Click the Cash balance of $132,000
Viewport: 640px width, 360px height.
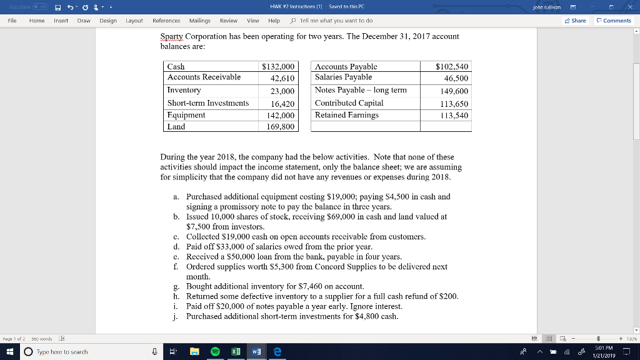pyautogui.click(x=277, y=66)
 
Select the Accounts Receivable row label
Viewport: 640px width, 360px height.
pyautogui.click(x=204, y=77)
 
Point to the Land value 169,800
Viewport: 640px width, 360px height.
pyautogui.click(x=281, y=127)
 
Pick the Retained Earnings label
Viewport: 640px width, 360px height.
pyautogui.click(x=346, y=115)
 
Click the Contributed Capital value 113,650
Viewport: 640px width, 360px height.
pyautogui.click(x=454, y=104)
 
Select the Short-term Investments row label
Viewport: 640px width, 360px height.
pyautogui.click(x=208, y=103)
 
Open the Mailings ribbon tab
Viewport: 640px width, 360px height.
pyautogui.click(x=200, y=21)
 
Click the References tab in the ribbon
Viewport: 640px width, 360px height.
pyautogui.click(x=166, y=21)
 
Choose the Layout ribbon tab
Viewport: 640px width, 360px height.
pyautogui.click(x=134, y=21)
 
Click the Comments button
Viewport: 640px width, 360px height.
pyautogui.click(x=614, y=21)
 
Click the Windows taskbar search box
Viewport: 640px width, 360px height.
pyautogui.click(x=81, y=352)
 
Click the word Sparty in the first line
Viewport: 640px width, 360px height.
pyautogui.click(x=171, y=36)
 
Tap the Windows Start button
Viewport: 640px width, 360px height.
pyautogui.click(x=10, y=352)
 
